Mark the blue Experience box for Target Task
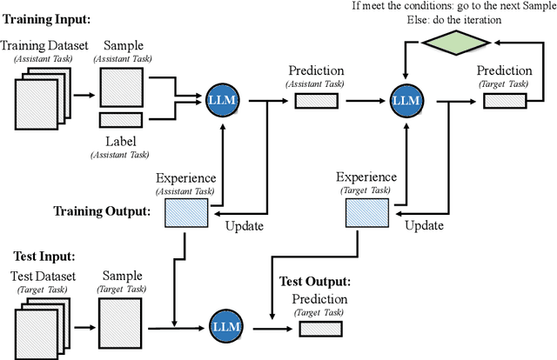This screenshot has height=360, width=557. [x=366, y=211]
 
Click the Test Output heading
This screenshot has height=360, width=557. [x=314, y=281]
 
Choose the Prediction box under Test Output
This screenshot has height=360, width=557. [x=319, y=329]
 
